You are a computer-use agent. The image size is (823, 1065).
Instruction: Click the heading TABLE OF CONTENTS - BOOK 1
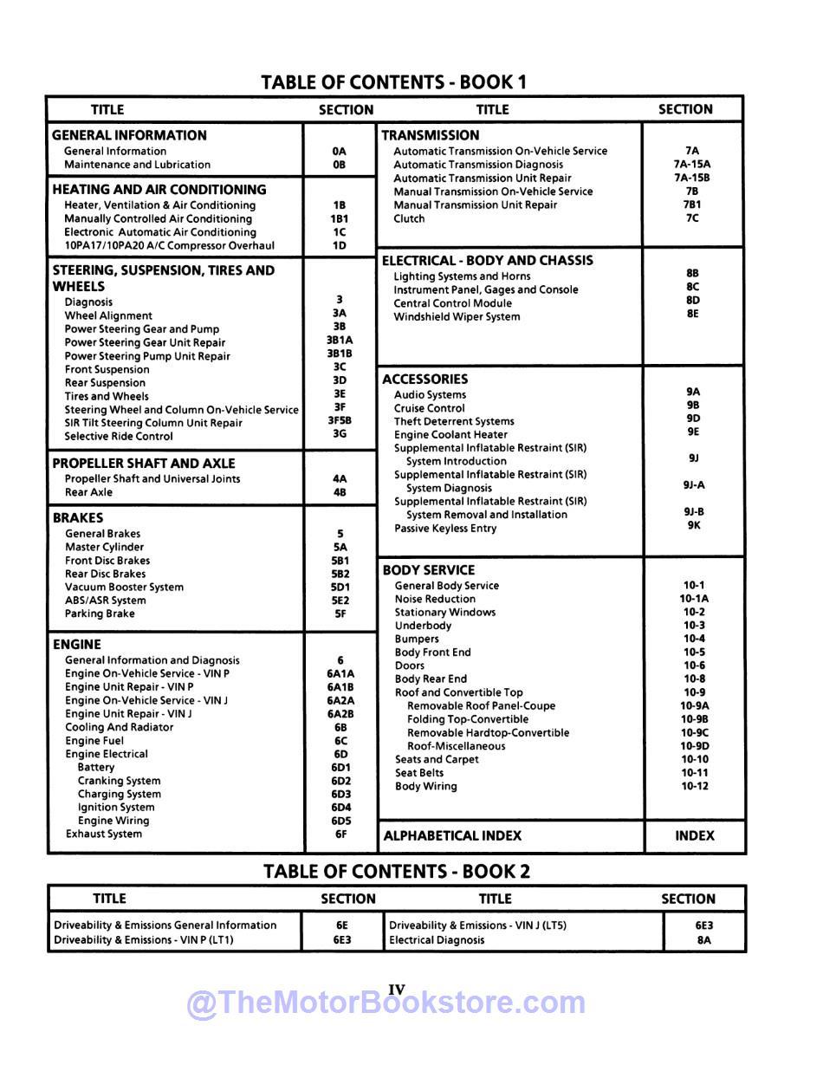coord(393,82)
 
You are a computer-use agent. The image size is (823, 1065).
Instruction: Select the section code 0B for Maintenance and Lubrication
coord(339,165)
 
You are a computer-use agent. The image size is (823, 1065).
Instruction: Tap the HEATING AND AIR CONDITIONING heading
coord(159,189)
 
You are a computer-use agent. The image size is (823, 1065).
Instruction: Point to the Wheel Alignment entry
coord(108,315)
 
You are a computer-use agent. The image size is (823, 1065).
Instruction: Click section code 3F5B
coord(340,420)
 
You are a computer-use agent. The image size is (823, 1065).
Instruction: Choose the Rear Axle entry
coord(88,492)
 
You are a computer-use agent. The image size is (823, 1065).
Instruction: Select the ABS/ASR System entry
coord(106,601)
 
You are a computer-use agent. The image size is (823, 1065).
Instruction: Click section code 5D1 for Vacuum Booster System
coord(340,587)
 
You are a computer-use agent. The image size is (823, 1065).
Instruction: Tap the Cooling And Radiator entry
coord(119,727)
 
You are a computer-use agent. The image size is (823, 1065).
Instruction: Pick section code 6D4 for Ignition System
coord(340,808)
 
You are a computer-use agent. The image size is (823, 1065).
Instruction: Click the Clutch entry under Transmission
coord(409,218)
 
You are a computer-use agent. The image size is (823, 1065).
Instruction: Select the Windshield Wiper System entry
coord(457,316)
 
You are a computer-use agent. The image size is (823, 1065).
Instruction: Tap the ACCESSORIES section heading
coord(424,379)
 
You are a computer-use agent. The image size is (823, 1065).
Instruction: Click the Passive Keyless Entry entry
coord(445,528)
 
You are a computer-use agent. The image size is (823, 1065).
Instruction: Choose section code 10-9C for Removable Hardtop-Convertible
coord(694,732)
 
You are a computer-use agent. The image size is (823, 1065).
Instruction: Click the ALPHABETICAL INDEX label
coord(452,835)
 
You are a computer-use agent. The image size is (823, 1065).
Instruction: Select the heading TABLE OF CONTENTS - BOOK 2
coord(397,871)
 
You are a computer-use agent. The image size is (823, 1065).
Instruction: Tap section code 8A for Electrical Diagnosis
coord(703,939)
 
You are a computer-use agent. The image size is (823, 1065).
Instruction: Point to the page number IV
coord(397,989)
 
